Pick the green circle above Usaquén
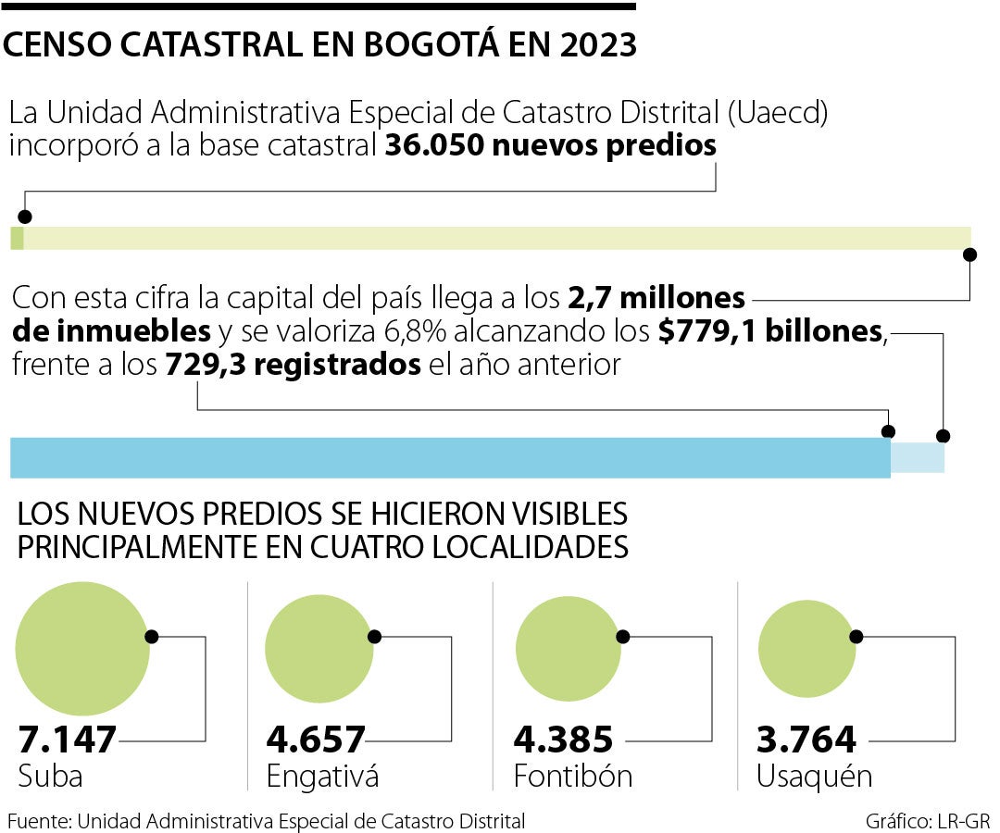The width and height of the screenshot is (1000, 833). pyautogui.click(x=806, y=648)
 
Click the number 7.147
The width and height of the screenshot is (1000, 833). pyautogui.click(x=68, y=740)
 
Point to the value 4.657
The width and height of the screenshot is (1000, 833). pyautogui.click(x=316, y=740)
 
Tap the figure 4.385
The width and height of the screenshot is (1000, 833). pyautogui.click(x=563, y=740)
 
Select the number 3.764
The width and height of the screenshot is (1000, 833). pyautogui.click(x=806, y=740)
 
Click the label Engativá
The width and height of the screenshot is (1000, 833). pyautogui.click(x=322, y=777)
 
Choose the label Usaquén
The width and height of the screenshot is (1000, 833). pyautogui.click(x=814, y=777)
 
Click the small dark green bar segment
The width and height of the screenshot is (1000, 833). pyautogui.click(x=17, y=238)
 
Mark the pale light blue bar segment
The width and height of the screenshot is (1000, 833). pyautogui.click(x=918, y=457)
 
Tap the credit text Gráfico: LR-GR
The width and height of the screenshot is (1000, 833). pyautogui.click(x=929, y=821)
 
